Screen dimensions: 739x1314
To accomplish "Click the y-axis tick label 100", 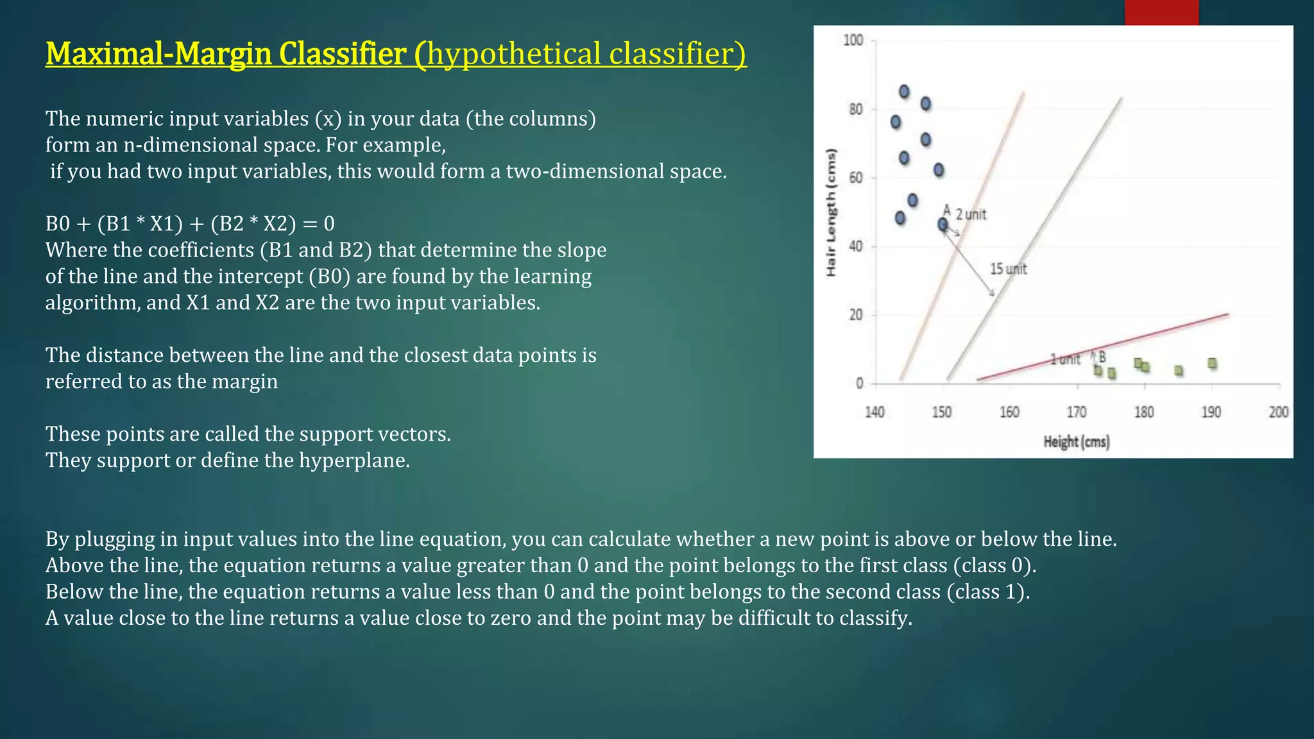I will [x=853, y=40].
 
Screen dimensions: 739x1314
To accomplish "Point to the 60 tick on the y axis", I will [x=856, y=178].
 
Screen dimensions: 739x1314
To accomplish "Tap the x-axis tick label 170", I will [x=1077, y=412].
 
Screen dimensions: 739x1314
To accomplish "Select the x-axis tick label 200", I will [x=1278, y=412].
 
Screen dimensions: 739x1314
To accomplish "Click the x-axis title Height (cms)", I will [x=1076, y=441].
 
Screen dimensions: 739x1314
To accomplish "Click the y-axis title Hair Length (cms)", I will [x=832, y=212].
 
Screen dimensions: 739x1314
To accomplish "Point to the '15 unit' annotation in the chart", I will [x=1008, y=269].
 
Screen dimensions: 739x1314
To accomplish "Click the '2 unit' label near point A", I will [x=971, y=214].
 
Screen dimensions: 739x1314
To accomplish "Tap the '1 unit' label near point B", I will [x=1065, y=359].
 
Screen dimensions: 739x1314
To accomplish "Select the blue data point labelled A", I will [x=943, y=225].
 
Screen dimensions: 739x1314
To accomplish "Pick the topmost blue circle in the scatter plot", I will [x=904, y=92].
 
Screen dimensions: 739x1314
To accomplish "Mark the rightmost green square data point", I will [x=1212, y=364].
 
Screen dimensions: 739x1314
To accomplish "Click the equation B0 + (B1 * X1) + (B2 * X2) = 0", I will [x=190, y=224].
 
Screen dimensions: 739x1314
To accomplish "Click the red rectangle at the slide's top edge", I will [x=1161, y=12].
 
